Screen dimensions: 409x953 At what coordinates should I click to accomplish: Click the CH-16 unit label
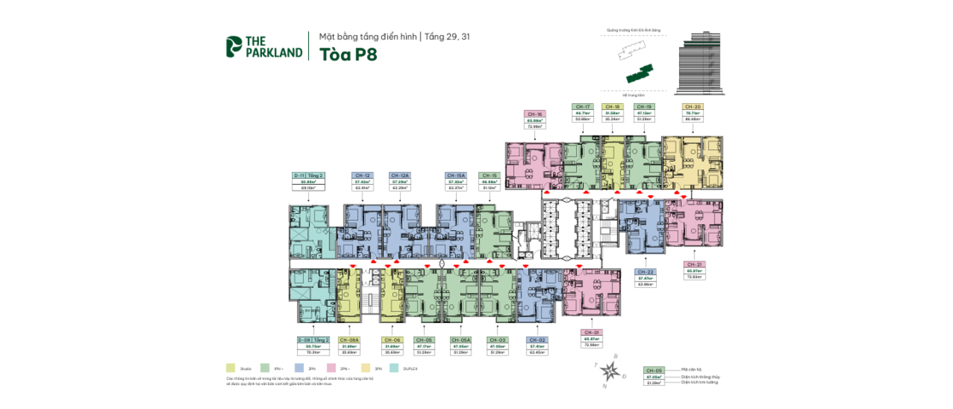(x=535, y=114)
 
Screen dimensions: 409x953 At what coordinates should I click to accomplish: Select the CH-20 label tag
(x=692, y=107)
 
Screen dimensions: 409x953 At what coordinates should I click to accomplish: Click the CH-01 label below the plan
(x=592, y=331)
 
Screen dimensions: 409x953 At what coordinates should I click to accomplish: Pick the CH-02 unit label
(x=537, y=339)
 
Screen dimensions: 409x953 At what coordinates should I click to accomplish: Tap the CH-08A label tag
(x=350, y=339)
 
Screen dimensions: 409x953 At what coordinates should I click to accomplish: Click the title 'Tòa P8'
(x=348, y=55)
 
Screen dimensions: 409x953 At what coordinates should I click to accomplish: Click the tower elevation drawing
(x=697, y=65)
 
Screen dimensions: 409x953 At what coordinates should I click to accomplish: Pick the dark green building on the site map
(x=639, y=75)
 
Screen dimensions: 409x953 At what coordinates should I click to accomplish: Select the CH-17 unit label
(x=583, y=107)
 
